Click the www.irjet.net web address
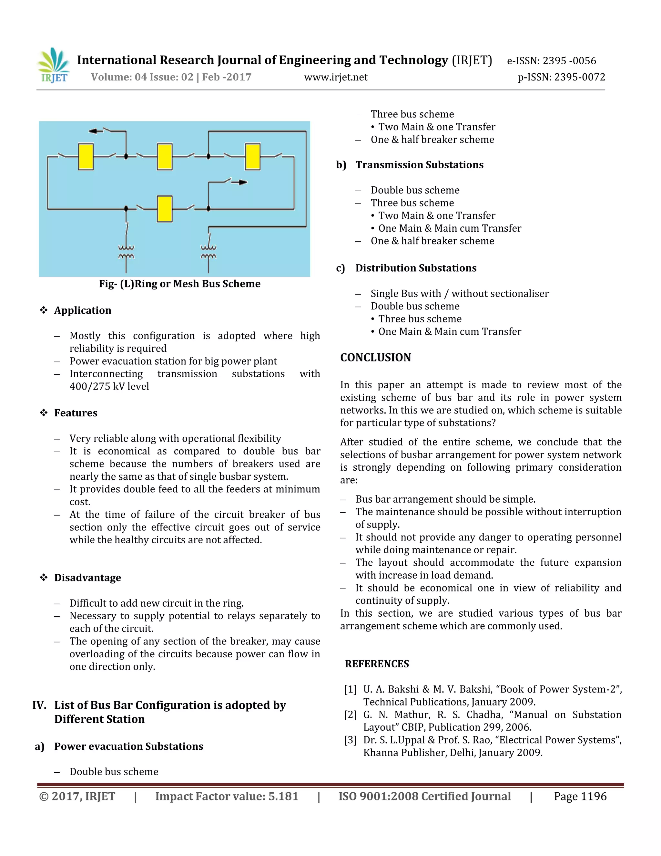click(336, 77)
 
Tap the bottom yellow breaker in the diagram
click(165, 209)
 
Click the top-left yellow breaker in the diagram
click(86, 156)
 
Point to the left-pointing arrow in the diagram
click(94, 131)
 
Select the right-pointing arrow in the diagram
click(242, 182)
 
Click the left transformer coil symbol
click(126, 252)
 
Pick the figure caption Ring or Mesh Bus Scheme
click(179, 284)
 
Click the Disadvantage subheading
click(87, 578)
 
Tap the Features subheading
click(76, 413)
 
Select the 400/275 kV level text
click(109, 386)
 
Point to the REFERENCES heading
click(377, 664)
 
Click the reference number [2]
click(350, 715)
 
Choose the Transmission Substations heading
click(419, 165)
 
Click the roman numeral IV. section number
click(39, 705)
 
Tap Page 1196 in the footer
click(580, 797)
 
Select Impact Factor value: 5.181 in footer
click(227, 797)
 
